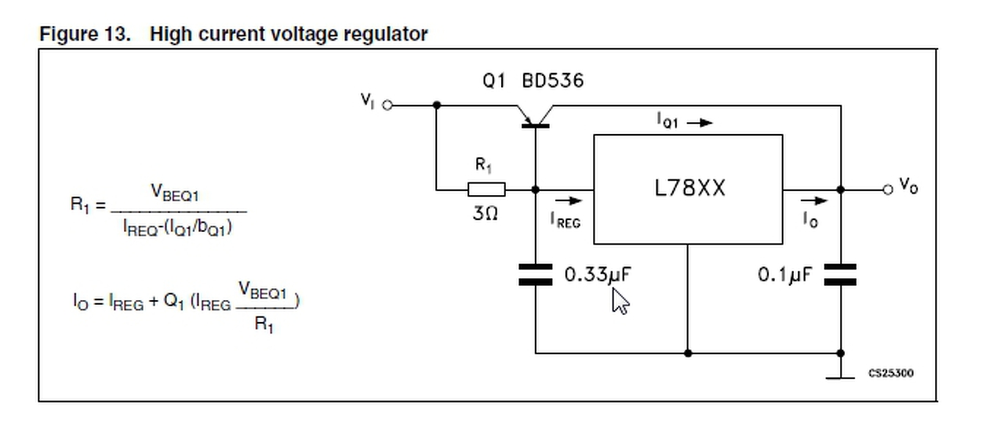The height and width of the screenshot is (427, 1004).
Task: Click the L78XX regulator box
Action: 687,189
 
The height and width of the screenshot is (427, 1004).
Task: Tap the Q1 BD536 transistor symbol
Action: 536,116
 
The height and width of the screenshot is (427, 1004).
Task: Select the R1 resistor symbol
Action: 486,189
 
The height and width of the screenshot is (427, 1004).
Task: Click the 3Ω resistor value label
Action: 485,213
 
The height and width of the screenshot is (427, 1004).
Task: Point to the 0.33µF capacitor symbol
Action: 536,274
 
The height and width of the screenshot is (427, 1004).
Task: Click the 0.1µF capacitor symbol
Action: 840,274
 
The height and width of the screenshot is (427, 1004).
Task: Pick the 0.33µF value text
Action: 598,275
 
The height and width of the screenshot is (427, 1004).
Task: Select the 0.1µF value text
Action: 784,275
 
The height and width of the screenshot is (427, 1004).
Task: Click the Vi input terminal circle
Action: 386,104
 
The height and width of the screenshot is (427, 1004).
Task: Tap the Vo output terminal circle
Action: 887,189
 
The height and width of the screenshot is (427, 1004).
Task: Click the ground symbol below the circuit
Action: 840,377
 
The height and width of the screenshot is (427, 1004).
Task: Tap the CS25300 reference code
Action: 890,373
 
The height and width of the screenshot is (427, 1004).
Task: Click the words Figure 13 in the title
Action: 85,34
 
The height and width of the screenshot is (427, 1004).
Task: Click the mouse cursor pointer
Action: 619,299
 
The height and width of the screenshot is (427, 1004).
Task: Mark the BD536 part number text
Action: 553,81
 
